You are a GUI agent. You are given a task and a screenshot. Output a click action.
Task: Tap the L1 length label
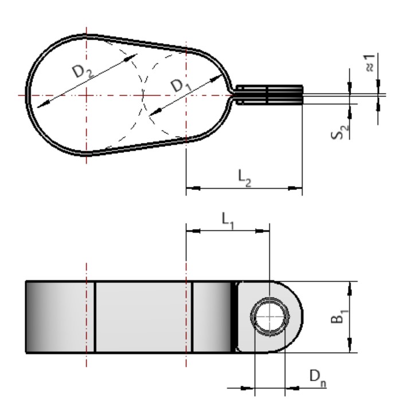tap(226, 220)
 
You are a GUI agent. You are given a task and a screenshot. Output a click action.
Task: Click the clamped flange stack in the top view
tap(269, 95)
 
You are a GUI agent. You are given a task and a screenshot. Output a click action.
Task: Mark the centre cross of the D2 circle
tap(85, 95)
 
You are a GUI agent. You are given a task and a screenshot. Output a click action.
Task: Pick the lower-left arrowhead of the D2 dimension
tap(41, 106)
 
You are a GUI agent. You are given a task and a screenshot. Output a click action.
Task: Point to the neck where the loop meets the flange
tap(232, 95)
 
